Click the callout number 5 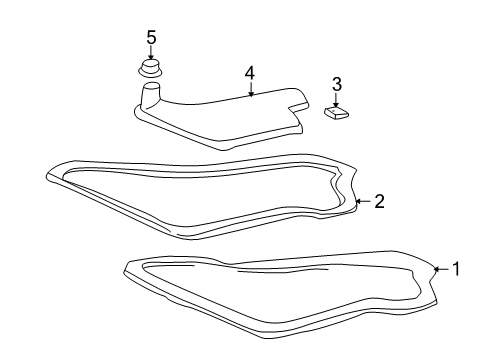tap(151, 37)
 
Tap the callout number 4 tap(250, 73)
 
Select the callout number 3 tap(337, 84)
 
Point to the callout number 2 tap(379, 201)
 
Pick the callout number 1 tap(456, 269)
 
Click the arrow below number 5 tap(151, 53)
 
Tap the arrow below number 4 tap(251, 89)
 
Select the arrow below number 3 tap(336, 100)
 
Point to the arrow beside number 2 tap(363, 201)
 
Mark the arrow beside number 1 tap(442, 269)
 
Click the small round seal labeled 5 tap(150, 68)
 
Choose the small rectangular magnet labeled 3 tap(337, 112)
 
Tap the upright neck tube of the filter tap(151, 95)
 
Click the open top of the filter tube tap(152, 86)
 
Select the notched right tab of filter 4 tap(299, 100)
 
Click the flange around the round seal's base tap(150, 73)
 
